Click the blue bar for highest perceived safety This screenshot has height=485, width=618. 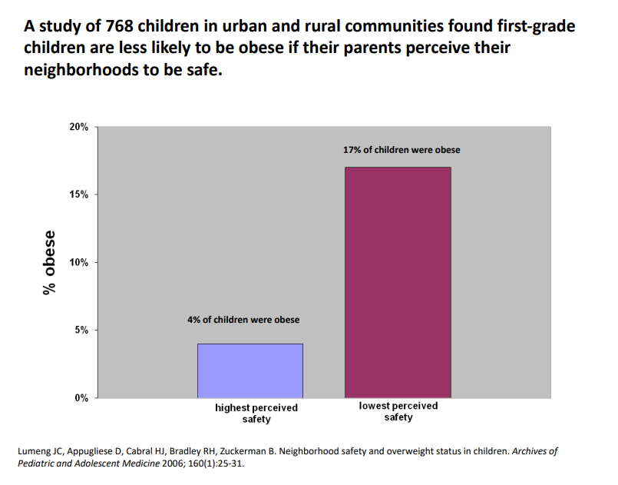250,370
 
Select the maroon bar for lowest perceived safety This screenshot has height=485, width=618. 398,282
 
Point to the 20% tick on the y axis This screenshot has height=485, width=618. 79,127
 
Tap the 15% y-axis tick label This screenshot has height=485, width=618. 79,194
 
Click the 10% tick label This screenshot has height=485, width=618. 79,262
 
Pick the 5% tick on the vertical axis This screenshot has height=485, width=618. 81,331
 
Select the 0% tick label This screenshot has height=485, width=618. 81,398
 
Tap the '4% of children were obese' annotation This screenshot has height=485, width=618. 243,320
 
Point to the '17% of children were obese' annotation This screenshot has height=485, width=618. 402,150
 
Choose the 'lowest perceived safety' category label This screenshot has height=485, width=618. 398,411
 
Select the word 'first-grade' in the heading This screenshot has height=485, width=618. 530,25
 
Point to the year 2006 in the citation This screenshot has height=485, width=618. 197,465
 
